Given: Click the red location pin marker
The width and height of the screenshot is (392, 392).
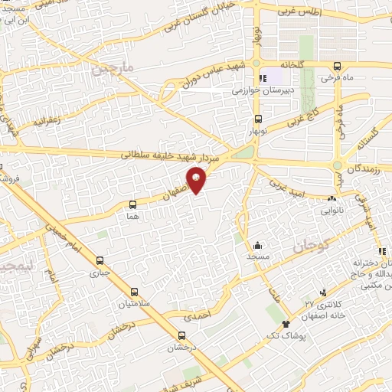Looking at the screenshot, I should pyautogui.click(x=197, y=178).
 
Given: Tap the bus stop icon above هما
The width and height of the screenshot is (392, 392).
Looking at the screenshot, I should pyautogui.click(x=133, y=204).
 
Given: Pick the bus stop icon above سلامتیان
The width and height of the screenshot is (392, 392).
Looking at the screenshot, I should pyautogui.click(x=135, y=292).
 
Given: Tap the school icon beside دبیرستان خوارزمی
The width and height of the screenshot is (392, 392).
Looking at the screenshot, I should pyautogui.click(x=264, y=77).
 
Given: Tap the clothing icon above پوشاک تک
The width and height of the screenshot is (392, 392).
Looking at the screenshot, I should pyautogui.click(x=286, y=324).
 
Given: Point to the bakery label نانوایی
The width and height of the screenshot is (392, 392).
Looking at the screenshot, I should pyautogui.click(x=331, y=207).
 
